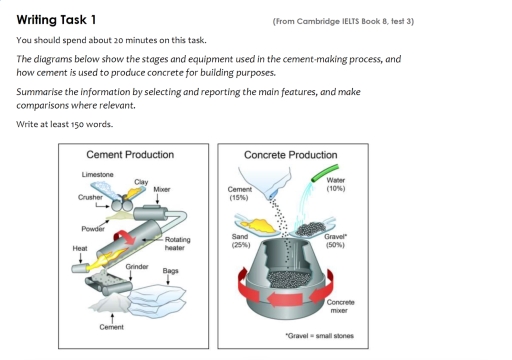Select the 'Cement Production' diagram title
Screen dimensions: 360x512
point(130,155)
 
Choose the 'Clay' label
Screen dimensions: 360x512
point(128,181)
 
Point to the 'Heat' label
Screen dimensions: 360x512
point(79,247)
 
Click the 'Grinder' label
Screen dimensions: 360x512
point(138,267)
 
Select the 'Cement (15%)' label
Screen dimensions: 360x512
point(240,193)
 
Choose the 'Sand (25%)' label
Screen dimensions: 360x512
point(240,240)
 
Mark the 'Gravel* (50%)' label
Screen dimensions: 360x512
point(335,240)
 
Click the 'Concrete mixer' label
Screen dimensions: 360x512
point(341,305)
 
